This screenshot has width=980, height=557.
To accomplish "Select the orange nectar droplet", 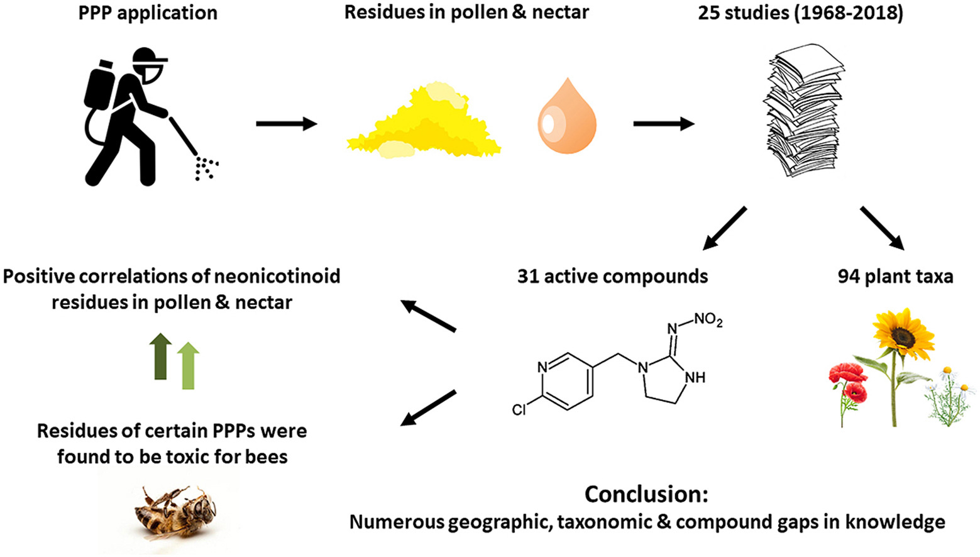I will coord(566,119).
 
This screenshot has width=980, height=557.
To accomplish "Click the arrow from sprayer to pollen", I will coord(287,124).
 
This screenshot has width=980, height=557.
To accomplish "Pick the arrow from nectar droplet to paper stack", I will coord(664,124).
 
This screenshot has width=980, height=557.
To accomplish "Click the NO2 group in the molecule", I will coord(708,320).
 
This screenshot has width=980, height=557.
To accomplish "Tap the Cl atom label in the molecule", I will coord(519,411).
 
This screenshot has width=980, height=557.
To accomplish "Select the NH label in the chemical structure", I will coord(695,378).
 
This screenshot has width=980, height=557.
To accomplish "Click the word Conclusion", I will coord(646,494).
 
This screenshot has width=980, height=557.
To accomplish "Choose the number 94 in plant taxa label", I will coord(849,277).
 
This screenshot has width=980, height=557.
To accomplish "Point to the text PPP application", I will coord(148,13).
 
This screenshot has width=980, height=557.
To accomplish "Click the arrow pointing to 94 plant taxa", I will coord(882,228).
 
